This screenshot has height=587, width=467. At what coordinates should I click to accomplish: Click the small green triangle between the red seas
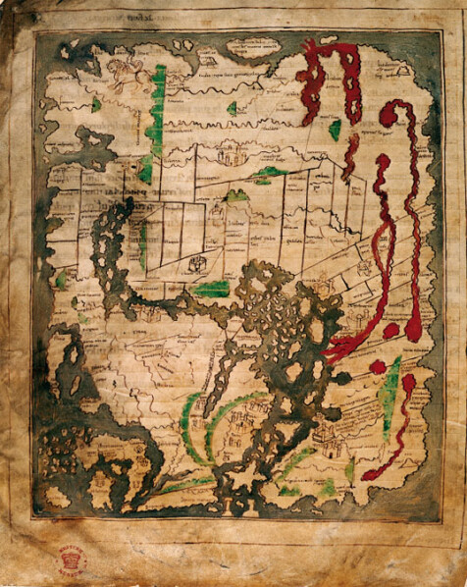click(336, 129)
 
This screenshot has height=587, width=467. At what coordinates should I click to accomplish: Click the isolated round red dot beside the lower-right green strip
click(378, 367)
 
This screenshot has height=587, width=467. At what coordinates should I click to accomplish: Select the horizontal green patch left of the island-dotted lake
click(211, 289)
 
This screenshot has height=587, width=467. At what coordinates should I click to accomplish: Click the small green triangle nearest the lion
click(96, 103)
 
